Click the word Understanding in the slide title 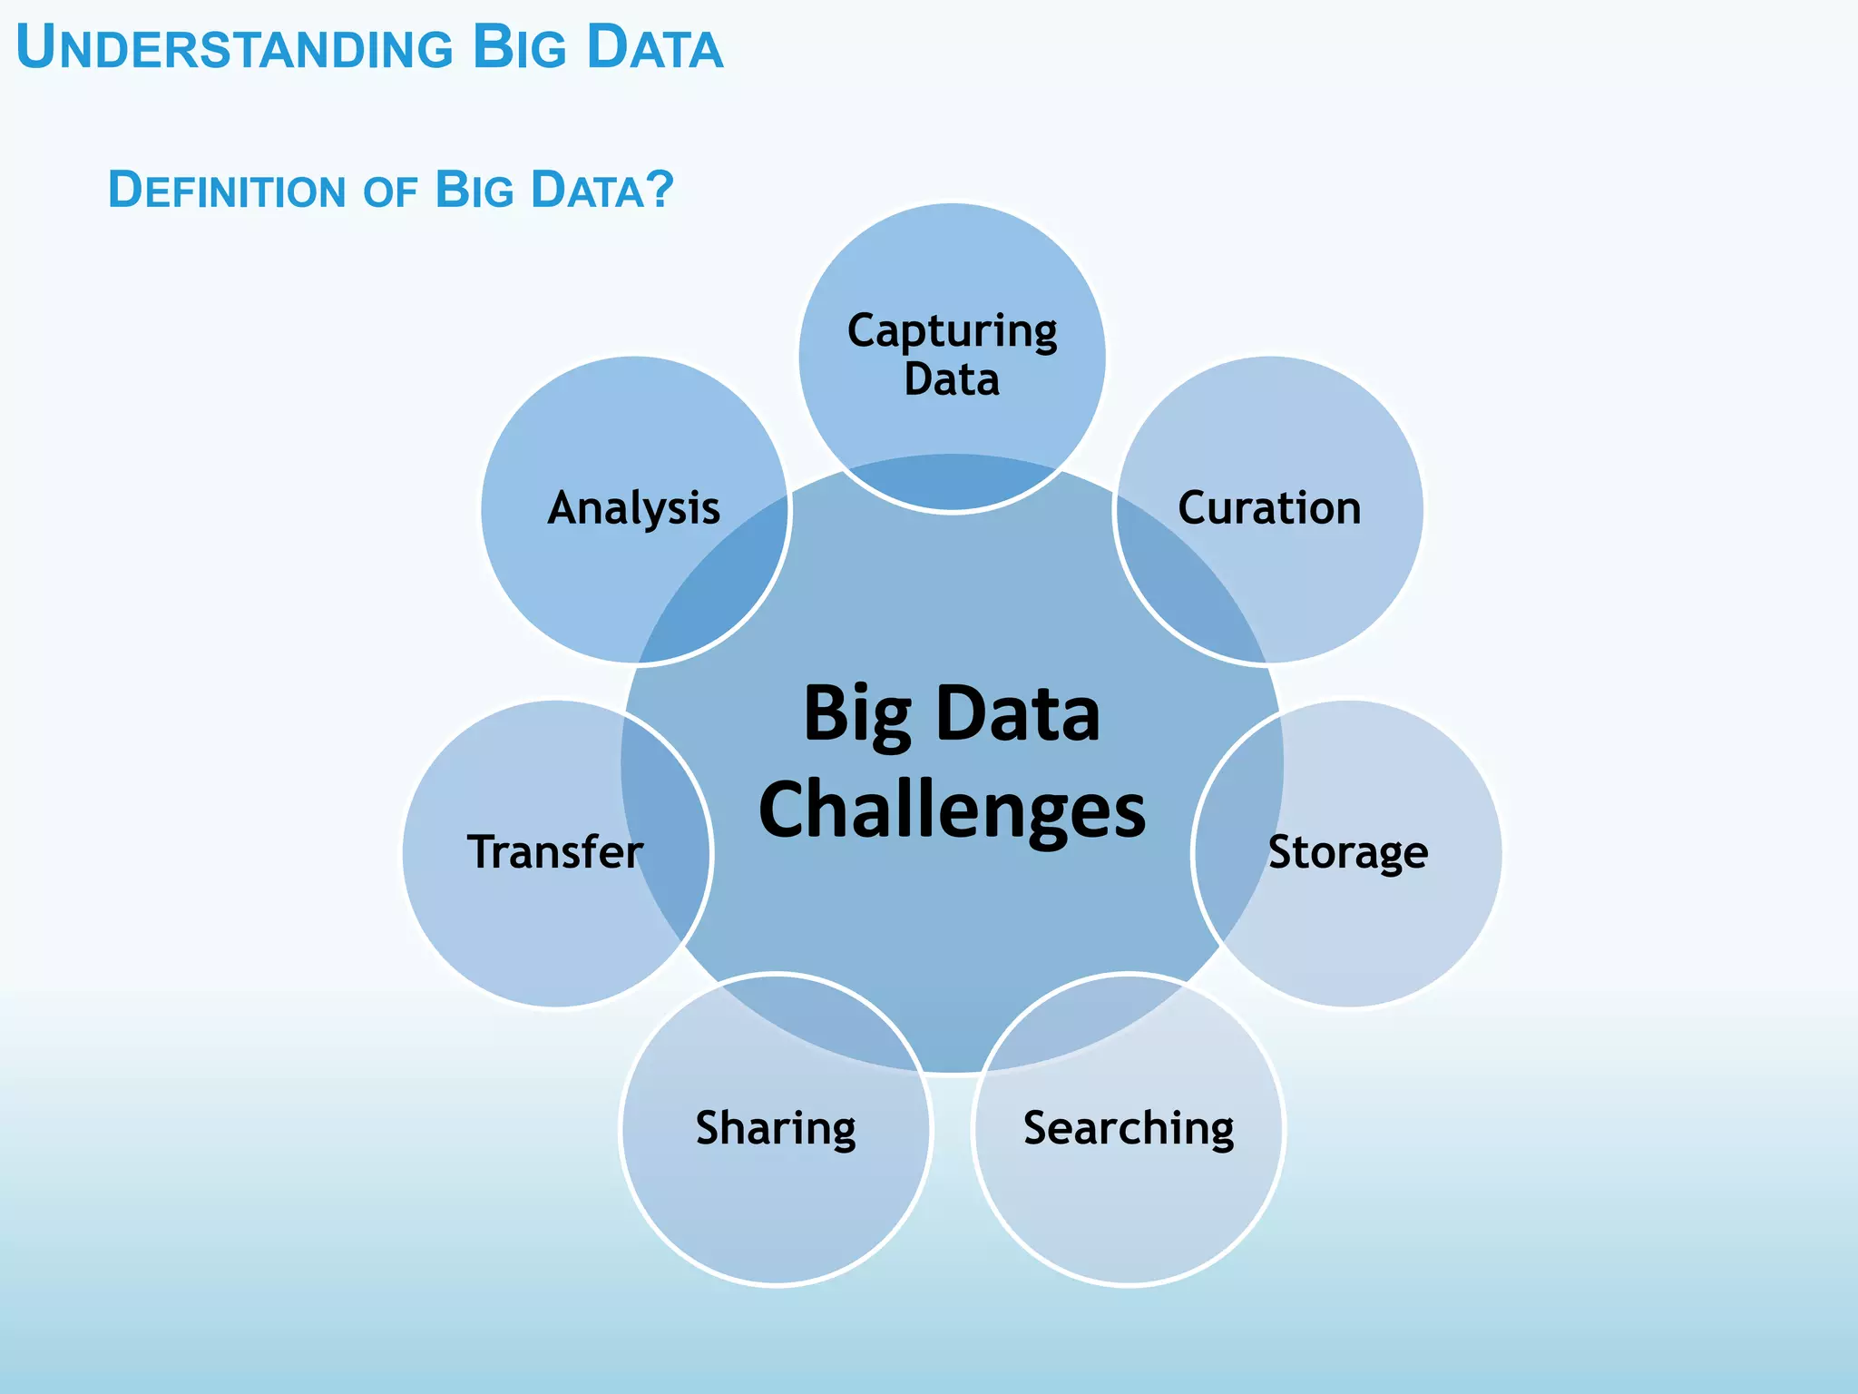point(234,49)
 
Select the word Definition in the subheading point(227,191)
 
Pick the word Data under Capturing point(952,379)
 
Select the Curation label point(1269,508)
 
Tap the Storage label point(1347,853)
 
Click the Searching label point(1129,1129)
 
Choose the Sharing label point(776,1129)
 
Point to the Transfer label point(555,852)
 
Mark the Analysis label point(634,508)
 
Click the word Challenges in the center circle point(952,810)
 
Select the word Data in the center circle point(1018,714)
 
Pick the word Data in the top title point(655,49)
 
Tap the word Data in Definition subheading point(588,191)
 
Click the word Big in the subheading point(474,191)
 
